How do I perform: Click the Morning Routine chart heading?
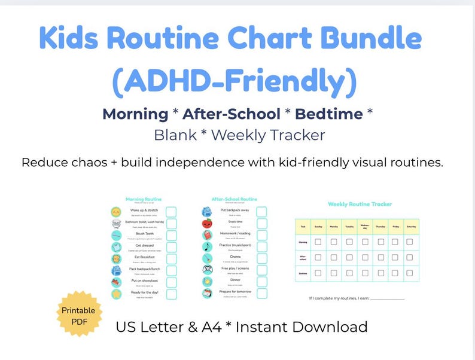pyautogui.click(x=144, y=199)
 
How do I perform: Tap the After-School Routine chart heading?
pyautogui.click(x=234, y=199)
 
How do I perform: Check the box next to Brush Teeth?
pyautogui.click(x=172, y=236)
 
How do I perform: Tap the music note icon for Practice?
pyautogui.click(x=207, y=246)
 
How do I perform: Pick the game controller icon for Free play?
pyautogui.click(x=207, y=270)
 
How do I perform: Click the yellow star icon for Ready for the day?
pyautogui.click(x=116, y=294)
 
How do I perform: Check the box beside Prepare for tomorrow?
pyautogui.click(x=261, y=294)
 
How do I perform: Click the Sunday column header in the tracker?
pyautogui.click(x=319, y=227)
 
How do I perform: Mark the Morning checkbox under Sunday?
pyautogui.click(x=319, y=242)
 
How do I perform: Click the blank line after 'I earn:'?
pyautogui.click(x=387, y=298)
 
